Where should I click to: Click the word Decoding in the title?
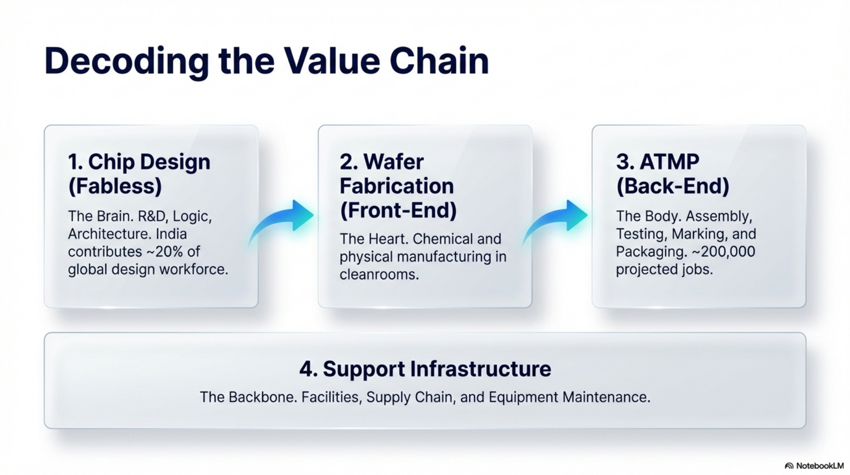(127, 61)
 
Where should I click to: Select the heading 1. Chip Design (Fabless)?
(139, 174)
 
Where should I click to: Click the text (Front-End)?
(398, 210)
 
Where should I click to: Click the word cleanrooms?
(379, 275)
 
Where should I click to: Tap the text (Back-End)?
(672, 186)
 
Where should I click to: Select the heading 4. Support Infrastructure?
(425, 369)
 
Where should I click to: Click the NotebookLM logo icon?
(789, 466)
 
